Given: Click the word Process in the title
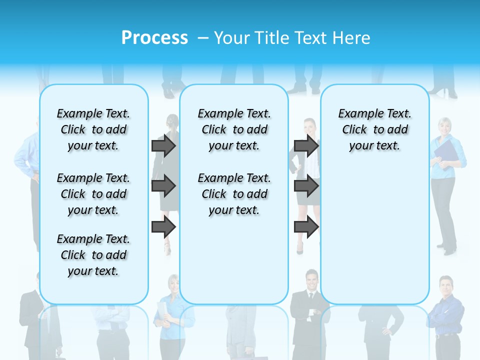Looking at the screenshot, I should click(x=154, y=37).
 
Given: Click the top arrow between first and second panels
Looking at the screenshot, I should click(x=163, y=145).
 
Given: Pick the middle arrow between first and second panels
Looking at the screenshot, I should click(x=163, y=186).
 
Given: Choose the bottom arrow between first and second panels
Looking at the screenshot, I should click(x=163, y=227).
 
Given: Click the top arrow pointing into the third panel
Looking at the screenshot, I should click(x=306, y=145).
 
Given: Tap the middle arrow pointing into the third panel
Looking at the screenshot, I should click(x=306, y=186).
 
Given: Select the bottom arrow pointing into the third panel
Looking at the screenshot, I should click(x=306, y=227).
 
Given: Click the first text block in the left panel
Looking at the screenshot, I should click(x=93, y=129).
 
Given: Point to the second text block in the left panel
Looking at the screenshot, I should click(x=93, y=194).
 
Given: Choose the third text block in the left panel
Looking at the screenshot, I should click(x=93, y=255).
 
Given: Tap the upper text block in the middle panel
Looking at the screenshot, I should click(x=234, y=129).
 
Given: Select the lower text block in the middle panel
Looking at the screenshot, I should click(x=234, y=194).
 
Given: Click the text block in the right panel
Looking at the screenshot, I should click(x=374, y=129).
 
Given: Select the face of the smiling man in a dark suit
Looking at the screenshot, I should click(x=312, y=278).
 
